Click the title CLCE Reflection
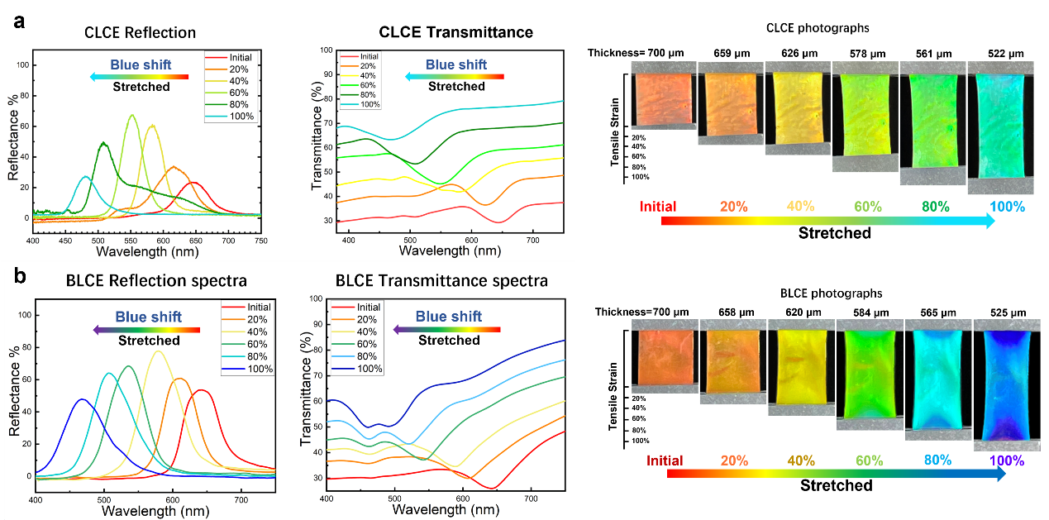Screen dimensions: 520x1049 140,33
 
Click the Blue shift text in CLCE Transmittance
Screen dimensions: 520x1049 456,64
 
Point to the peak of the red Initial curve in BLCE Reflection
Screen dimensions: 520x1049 200,390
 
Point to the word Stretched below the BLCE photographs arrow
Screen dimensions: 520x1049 836,485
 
